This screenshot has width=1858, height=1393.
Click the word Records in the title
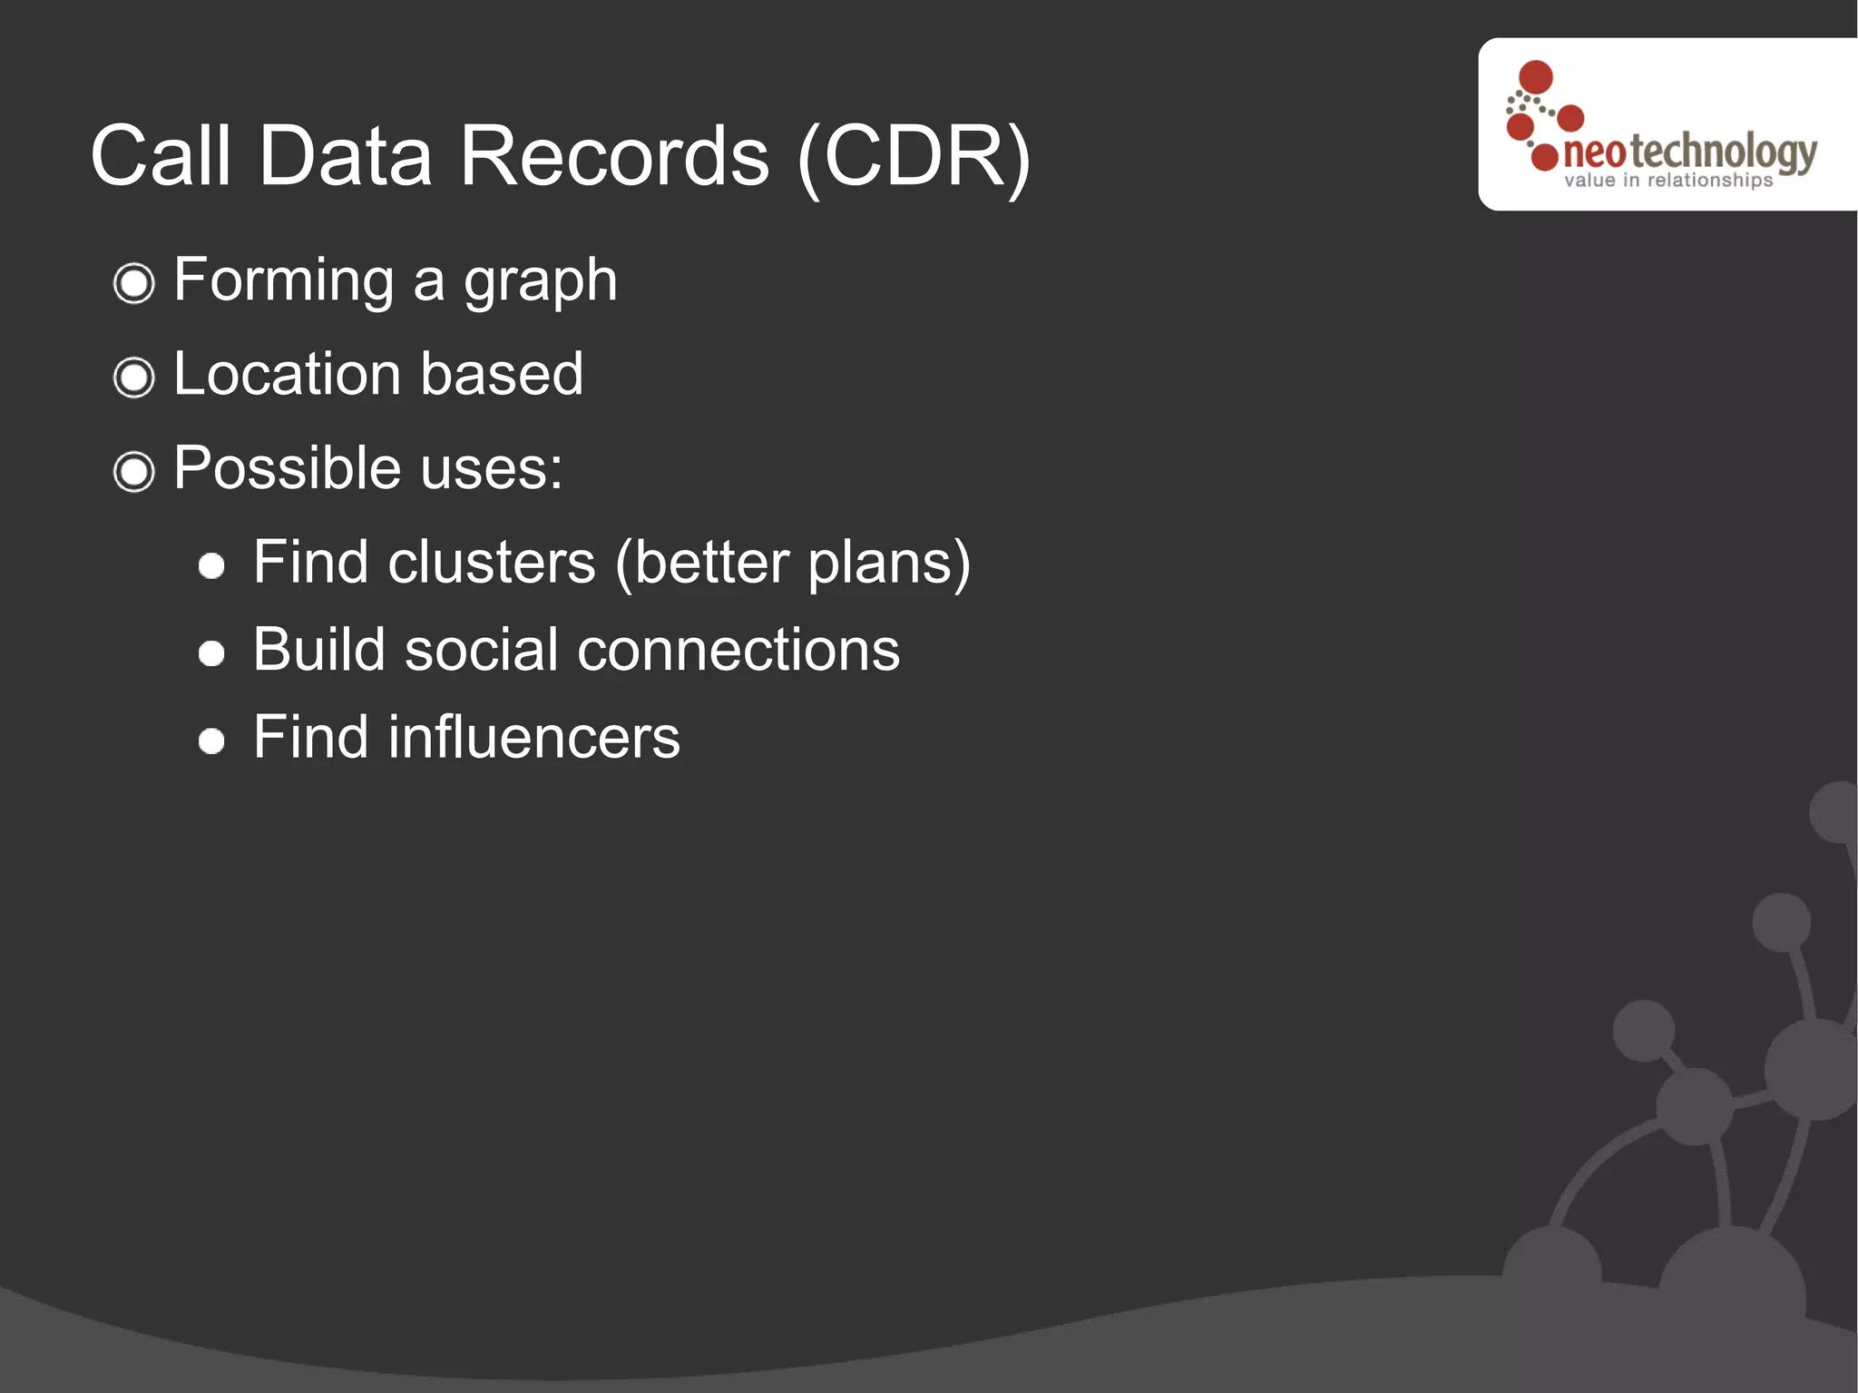click(614, 156)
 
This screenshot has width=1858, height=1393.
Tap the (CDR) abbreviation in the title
click(914, 158)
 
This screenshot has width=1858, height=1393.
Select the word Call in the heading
click(161, 156)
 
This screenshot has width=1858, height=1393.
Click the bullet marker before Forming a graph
click(134, 283)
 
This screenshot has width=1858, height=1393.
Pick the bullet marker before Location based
click(134, 378)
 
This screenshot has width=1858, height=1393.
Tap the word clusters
click(492, 563)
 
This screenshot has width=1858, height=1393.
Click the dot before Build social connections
click(211, 653)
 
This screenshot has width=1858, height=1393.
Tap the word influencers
click(533, 737)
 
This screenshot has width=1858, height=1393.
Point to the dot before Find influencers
click(211, 741)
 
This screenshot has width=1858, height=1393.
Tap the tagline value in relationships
click(1667, 181)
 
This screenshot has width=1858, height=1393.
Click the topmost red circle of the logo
click(1536, 77)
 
